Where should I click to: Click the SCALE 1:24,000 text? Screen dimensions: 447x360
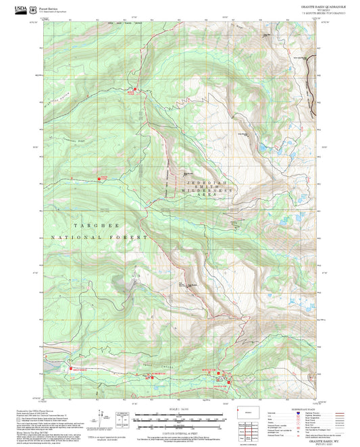179,409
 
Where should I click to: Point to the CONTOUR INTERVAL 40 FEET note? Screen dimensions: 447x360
179,427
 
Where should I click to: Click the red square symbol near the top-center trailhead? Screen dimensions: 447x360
134,89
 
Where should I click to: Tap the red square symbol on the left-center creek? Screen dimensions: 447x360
103,178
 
